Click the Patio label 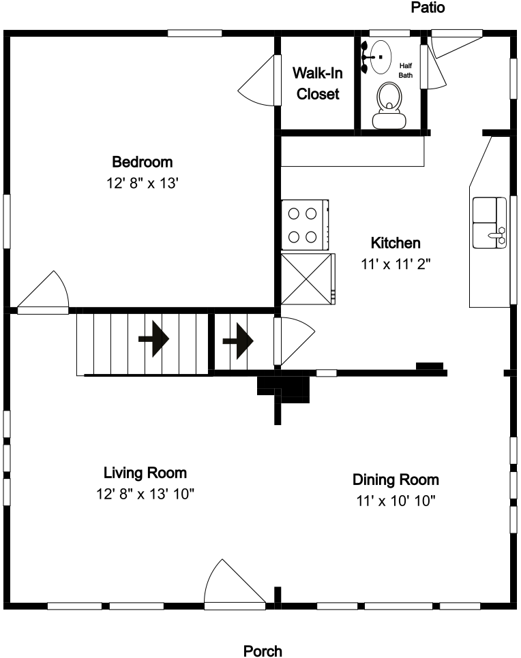click(x=428, y=7)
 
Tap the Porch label click(x=263, y=651)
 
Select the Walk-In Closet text click(x=318, y=84)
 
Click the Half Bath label click(x=406, y=71)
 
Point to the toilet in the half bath click(x=389, y=106)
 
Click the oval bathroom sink click(x=381, y=57)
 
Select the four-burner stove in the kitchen click(x=305, y=225)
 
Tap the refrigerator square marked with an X click(x=308, y=279)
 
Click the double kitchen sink click(x=490, y=223)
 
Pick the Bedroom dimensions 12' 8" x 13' click(x=143, y=183)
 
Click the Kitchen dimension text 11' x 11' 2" click(x=396, y=264)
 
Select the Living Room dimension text click(x=145, y=494)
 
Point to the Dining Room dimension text click(x=396, y=501)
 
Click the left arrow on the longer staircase click(x=154, y=339)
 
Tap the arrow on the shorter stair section click(x=238, y=341)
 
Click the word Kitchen click(x=396, y=243)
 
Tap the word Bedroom click(x=143, y=162)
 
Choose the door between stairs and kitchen click(x=294, y=341)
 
